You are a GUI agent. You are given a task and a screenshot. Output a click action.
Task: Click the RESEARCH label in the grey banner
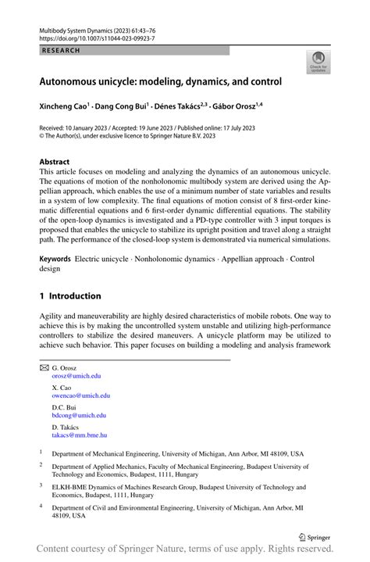coord(59,49)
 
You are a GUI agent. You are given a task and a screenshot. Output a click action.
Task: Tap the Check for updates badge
coord(318,63)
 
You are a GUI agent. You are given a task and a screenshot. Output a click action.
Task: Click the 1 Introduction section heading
coord(70,296)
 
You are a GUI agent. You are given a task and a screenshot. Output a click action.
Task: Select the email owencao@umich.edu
coord(80,396)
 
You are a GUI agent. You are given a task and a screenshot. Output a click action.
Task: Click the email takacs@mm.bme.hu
coord(79,435)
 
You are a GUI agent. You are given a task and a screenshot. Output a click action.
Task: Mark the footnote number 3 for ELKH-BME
coord(41,485)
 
